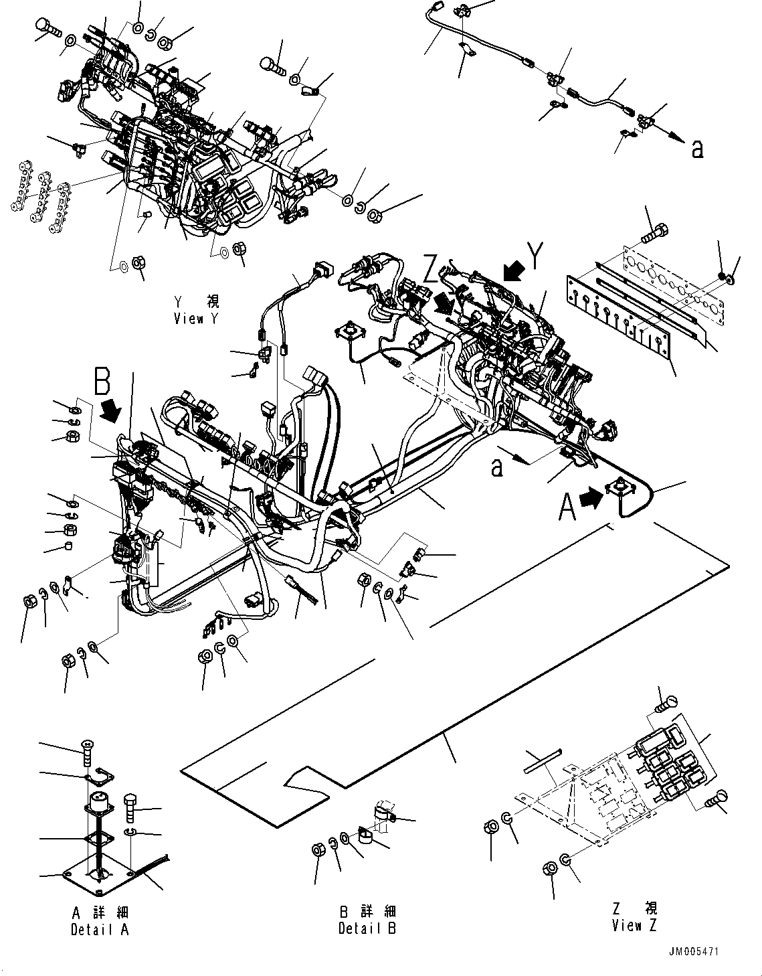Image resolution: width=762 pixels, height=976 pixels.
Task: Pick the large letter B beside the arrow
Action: (102, 383)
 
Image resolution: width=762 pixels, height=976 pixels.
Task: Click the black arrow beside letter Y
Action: (514, 270)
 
